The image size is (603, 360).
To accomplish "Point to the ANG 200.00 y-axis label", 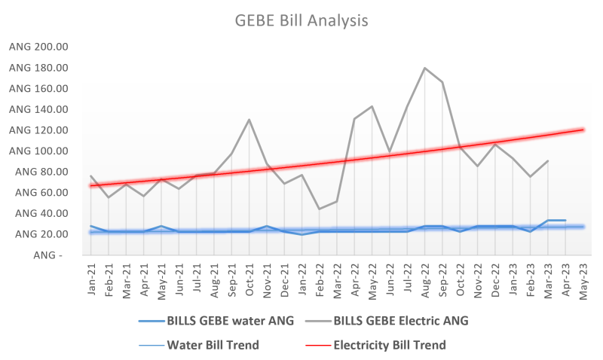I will pyautogui.click(x=38, y=47).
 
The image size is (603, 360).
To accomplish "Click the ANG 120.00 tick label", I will pyautogui.click(x=38, y=130).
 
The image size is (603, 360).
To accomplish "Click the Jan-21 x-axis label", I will pyautogui.click(x=91, y=281).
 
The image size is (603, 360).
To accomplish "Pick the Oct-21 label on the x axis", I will pyautogui.click(x=249, y=281).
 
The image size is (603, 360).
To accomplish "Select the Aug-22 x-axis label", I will pyautogui.click(x=425, y=281).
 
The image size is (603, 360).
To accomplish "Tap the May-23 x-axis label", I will pyautogui.click(x=583, y=281).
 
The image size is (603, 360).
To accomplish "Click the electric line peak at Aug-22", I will pyautogui.click(x=425, y=68).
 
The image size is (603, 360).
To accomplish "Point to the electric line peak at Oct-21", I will pyautogui.click(x=249, y=120).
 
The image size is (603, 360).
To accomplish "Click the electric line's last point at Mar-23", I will pyautogui.click(x=548, y=160).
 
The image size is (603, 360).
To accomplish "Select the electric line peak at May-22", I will pyautogui.click(x=372, y=106).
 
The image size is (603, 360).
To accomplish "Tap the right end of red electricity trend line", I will pyautogui.click(x=583, y=130).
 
